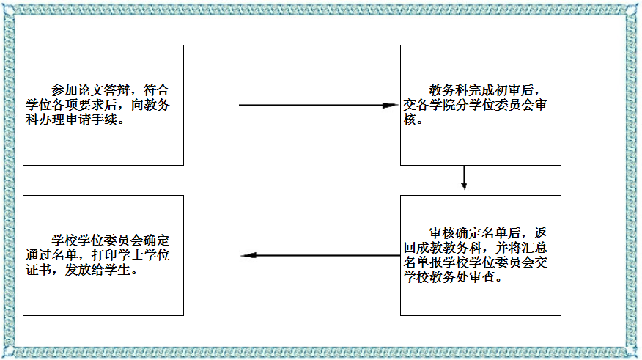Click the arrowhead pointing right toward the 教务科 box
391,105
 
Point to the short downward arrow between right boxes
465,178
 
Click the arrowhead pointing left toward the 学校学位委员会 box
248,256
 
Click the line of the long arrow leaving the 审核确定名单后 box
322,256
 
